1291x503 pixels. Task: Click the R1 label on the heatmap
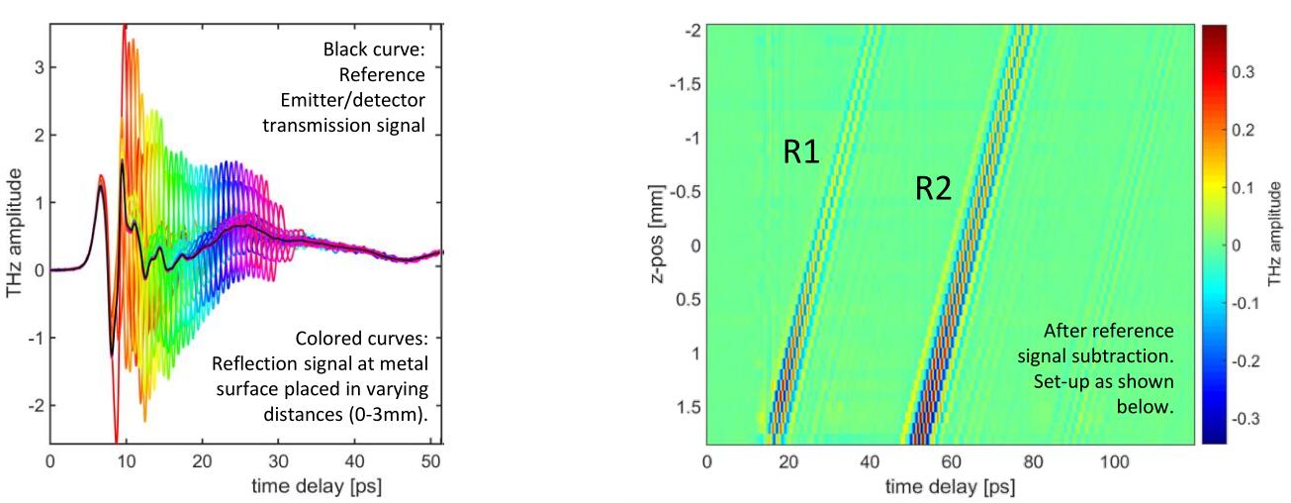[x=801, y=151]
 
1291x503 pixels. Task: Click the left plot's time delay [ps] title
[x=247, y=487]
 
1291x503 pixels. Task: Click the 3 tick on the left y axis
[x=36, y=66]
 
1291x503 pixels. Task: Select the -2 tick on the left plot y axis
[x=33, y=405]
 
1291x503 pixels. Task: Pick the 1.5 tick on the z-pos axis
[x=686, y=406]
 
